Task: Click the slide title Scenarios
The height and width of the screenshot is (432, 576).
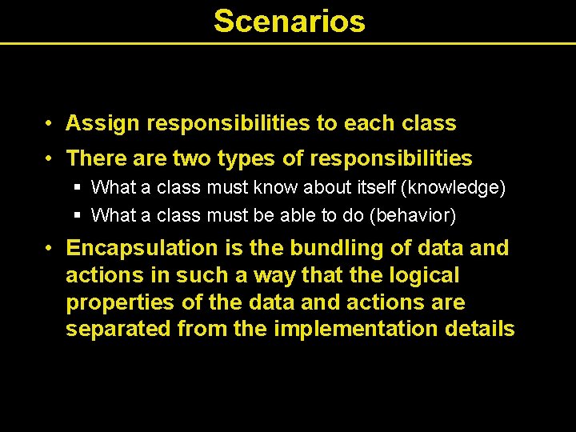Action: pyautogui.click(x=289, y=22)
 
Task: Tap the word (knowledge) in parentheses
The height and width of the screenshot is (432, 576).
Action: pyautogui.click(x=454, y=188)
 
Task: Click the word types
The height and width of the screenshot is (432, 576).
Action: pyautogui.click(x=236, y=159)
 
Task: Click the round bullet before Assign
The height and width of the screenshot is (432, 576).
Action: pyautogui.click(x=50, y=124)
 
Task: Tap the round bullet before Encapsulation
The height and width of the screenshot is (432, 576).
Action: pyautogui.click(x=50, y=248)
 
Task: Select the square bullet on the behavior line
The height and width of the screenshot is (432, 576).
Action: pyautogui.click(x=77, y=215)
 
